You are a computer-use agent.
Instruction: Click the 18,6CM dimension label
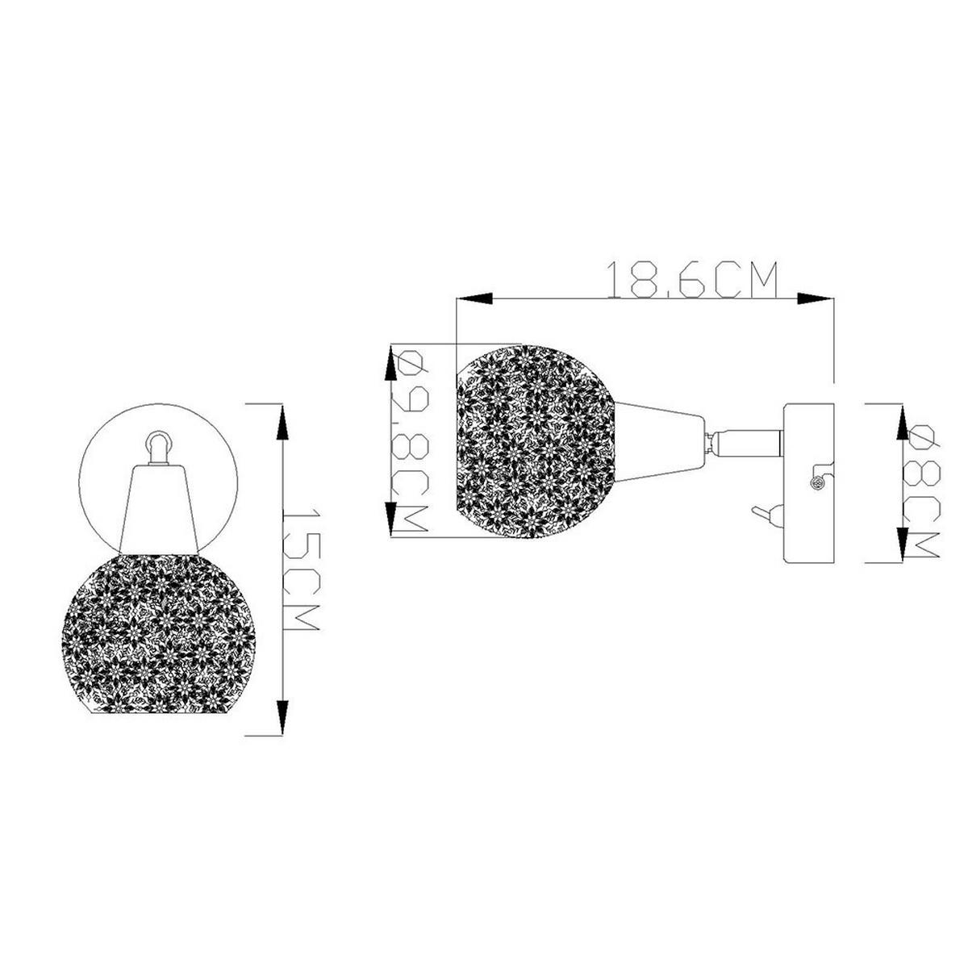692,280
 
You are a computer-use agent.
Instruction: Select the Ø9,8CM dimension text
409,441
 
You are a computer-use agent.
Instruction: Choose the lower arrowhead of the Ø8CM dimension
902,544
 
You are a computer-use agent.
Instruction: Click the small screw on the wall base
816,482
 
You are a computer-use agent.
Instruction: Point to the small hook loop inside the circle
158,444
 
